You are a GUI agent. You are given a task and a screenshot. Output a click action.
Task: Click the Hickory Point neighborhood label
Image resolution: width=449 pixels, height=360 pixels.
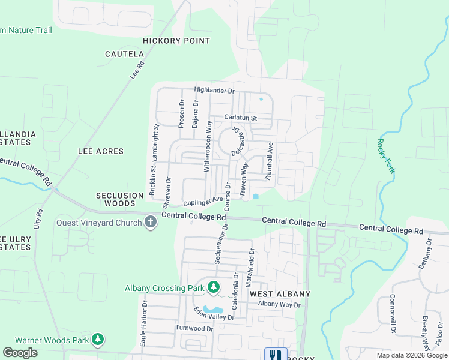(x=176, y=41)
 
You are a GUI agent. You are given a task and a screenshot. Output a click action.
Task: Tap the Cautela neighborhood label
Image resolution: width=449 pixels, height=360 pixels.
(x=124, y=54)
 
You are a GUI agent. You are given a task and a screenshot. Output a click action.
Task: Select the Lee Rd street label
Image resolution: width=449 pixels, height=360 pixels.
(x=138, y=70)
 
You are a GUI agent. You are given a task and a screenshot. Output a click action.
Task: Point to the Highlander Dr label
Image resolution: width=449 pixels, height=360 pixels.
(x=214, y=91)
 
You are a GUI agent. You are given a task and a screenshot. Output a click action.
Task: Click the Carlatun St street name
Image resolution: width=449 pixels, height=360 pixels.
(x=241, y=118)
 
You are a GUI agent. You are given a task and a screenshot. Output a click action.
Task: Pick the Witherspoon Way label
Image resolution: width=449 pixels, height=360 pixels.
(x=209, y=146)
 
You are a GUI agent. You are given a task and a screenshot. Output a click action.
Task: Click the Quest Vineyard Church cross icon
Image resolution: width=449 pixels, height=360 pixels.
(x=150, y=223)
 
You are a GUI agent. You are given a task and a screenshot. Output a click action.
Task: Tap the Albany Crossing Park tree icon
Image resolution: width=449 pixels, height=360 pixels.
(x=213, y=288)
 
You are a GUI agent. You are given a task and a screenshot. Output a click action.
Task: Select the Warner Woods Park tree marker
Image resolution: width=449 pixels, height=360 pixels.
(x=98, y=340)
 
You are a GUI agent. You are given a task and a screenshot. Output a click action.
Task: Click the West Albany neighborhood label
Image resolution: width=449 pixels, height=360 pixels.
(x=280, y=294)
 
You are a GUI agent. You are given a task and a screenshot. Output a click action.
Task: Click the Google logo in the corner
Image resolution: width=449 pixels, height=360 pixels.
(x=20, y=353)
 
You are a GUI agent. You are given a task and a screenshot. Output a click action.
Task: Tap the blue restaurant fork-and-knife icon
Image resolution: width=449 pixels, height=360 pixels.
(x=276, y=355)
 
